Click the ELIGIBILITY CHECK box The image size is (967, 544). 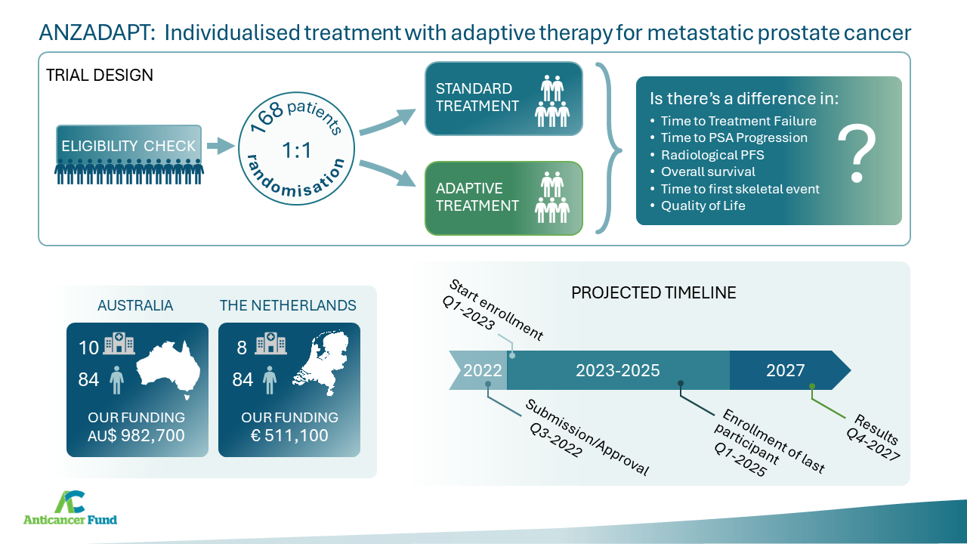click(x=128, y=145)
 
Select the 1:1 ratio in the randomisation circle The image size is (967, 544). click(x=297, y=150)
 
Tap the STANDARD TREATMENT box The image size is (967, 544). click(x=504, y=98)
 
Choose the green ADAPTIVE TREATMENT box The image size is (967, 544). click(x=504, y=198)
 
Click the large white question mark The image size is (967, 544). click(x=857, y=153)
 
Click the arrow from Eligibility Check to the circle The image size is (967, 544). click(x=221, y=146)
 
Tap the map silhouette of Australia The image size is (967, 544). click(x=168, y=370)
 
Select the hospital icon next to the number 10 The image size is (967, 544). click(x=119, y=344)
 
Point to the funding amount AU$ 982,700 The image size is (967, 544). click(x=136, y=435)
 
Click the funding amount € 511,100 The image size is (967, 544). click(x=289, y=435)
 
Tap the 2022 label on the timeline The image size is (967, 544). click(x=482, y=370)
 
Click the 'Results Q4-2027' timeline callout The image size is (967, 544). click(x=873, y=437)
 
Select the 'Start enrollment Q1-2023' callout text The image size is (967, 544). click(x=492, y=310)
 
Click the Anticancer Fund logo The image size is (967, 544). click(x=70, y=508)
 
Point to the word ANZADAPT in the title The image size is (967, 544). click(x=97, y=32)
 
